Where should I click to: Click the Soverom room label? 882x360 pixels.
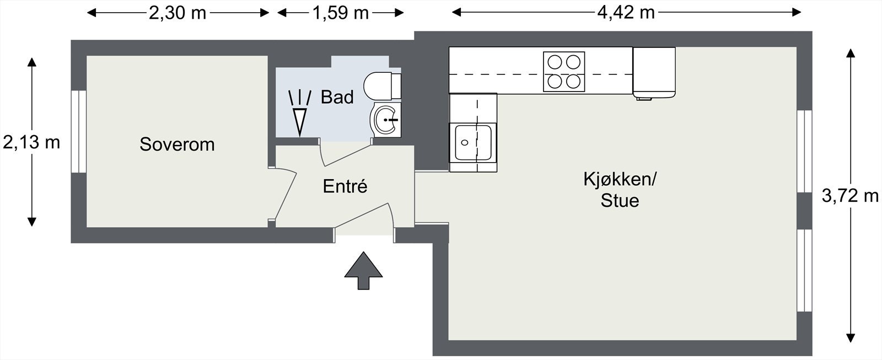[177, 144]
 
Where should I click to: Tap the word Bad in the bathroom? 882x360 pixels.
[337, 98]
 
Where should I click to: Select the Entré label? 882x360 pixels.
[345, 186]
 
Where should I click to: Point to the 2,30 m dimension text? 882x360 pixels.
[178, 13]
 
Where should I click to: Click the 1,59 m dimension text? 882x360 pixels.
[341, 13]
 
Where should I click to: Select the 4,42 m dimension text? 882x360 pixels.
[626, 13]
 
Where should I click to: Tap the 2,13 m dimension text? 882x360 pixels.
[31, 143]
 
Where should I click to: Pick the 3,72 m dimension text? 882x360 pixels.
[850, 196]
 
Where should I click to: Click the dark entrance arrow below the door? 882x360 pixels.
[363, 270]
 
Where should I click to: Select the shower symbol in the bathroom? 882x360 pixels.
[299, 112]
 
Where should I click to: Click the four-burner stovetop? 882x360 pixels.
[563, 71]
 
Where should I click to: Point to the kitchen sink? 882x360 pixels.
[473, 142]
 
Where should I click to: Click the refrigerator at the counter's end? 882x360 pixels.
[654, 72]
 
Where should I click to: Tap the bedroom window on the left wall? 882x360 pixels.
[79, 131]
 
